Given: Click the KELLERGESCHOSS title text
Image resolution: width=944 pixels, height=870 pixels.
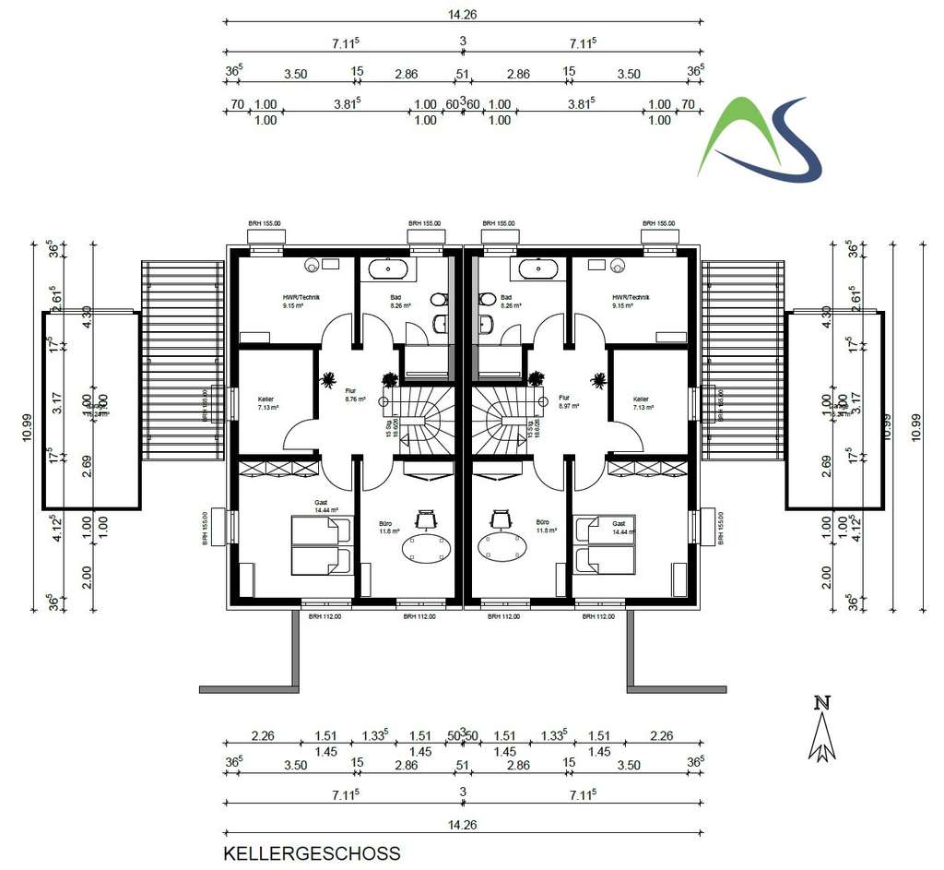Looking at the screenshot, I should pos(312,853).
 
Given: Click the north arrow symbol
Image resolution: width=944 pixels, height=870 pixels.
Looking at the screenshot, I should pos(821,729).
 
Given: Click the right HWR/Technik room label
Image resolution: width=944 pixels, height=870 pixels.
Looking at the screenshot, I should pos(631,300).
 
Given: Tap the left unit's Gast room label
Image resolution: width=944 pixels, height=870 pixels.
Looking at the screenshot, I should pos(322,507).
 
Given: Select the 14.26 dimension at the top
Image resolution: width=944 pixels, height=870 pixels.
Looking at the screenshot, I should pos(463,15).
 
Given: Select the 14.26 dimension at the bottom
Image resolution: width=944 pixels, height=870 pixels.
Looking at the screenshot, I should pos(463,827).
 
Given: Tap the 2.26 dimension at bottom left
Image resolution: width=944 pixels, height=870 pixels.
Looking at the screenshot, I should pos(263,736).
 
